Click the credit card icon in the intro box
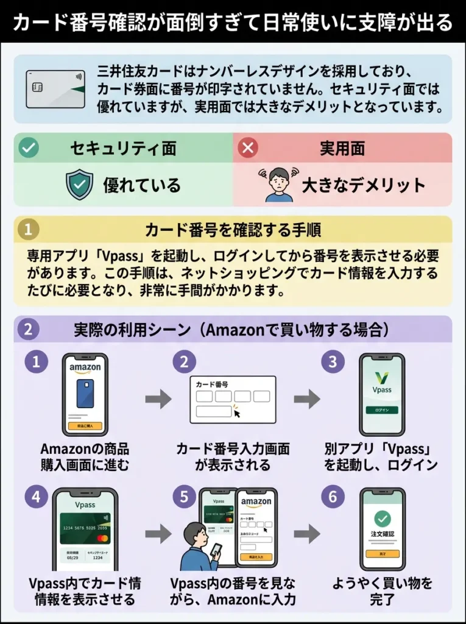[55, 89]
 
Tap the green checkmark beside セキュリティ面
[28, 148]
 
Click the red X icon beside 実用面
[248, 148]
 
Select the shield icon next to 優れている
[80, 185]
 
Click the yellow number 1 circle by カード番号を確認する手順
[28, 230]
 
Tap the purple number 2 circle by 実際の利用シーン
[28, 329]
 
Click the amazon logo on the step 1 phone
[85, 368]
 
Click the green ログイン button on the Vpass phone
[381, 409]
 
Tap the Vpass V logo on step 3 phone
[381, 377]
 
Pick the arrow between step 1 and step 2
[158, 400]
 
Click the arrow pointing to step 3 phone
[306, 400]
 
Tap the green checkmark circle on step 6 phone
[383, 519]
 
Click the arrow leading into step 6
[306, 534]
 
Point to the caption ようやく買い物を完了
[383, 591]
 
